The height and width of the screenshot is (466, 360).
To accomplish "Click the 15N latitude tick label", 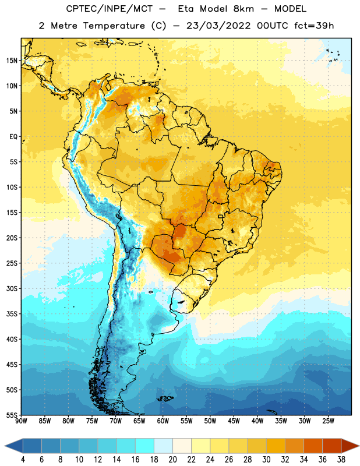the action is (x=12, y=61).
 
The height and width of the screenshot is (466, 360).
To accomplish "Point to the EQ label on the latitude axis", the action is (x=13, y=137).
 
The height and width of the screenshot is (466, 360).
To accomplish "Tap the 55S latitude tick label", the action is (x=12, y=415).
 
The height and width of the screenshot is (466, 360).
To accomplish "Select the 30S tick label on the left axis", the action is (x=12, y=288).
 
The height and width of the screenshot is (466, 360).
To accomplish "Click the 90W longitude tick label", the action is (x=21, y=421).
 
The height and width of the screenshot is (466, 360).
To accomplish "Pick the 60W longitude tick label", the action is (x=163, y=421).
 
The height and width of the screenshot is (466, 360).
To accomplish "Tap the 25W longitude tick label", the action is (x=328, y=421).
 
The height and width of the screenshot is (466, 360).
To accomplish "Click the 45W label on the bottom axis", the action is (x=234, y=421).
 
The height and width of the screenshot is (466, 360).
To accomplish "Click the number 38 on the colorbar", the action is (x=341, y=460).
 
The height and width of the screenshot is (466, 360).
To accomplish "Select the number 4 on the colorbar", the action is (x=23, y=460).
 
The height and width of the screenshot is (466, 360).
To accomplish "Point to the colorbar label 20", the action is (x=172, y=460).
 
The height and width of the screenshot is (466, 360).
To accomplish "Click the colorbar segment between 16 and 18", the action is (x=145, y=446).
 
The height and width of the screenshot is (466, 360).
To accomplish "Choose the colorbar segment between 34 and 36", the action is (x=313, y=446).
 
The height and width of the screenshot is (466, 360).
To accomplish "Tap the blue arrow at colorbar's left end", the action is (x=14, y=446).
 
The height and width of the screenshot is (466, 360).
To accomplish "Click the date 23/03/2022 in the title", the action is (x=218, y=26).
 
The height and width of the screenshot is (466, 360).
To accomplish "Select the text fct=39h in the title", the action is (x=314, y=26).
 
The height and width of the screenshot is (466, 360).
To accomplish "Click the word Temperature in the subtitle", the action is (x=114, y=26).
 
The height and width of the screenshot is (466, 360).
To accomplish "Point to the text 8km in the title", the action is (x=243, y=9).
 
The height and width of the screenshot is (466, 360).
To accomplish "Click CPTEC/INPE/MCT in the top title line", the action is (x=109, y=9).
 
